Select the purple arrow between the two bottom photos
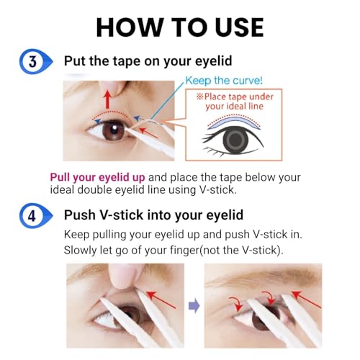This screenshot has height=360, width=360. pyautogui.click(x=192, y=305)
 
